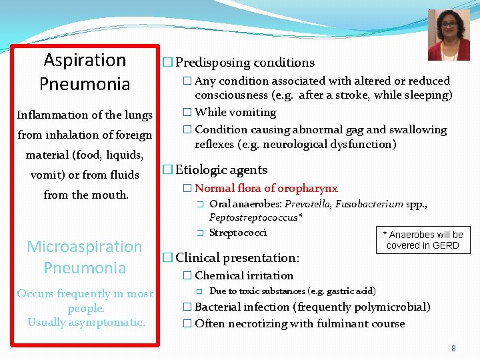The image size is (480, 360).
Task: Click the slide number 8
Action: click(x=453, y=348)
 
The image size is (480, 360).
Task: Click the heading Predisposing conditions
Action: click(x=245, y=63)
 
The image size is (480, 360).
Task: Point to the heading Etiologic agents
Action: click(x=221, y=170)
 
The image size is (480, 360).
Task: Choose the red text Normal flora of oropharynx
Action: click(x=266, y=189)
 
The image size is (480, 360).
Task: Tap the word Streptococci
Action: click(x=238, y=233)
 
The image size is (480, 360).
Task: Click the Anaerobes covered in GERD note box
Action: click(x=422, y=240)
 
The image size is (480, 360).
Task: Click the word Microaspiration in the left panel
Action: click(x=85, y=247)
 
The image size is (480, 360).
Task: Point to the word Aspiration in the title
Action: click(x=85, y=60)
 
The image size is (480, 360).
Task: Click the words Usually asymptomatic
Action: click(x=86, y=323)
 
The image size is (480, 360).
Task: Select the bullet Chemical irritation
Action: click(x=243, y=275)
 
